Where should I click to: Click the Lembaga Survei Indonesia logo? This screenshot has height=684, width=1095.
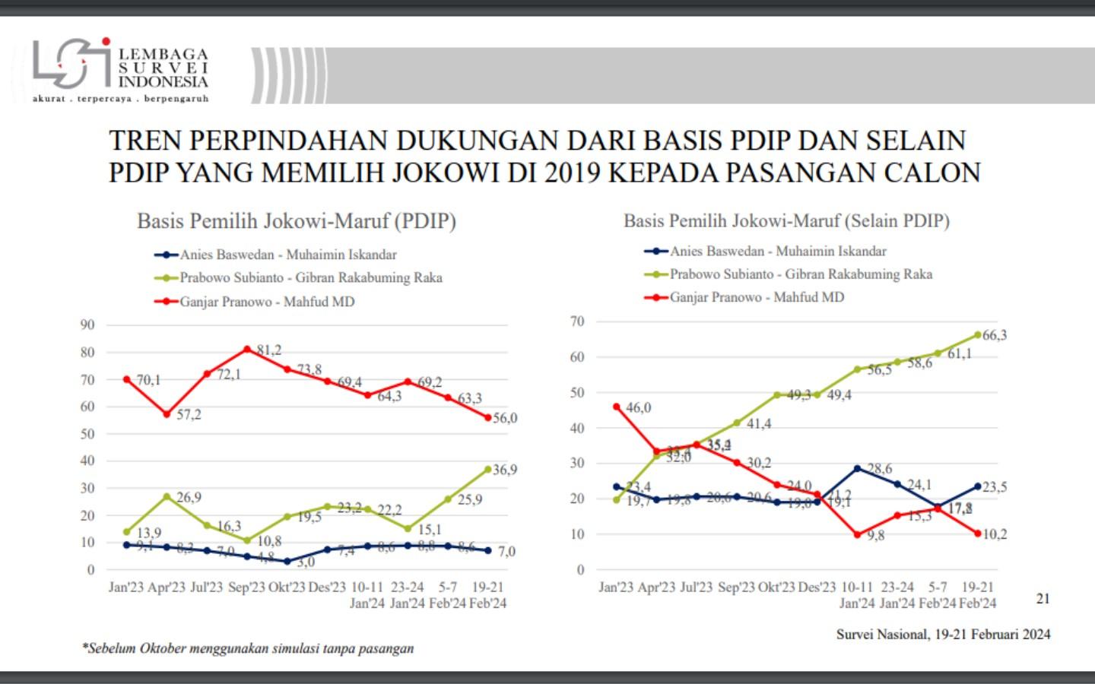pyautogui.click(x=120, y=70)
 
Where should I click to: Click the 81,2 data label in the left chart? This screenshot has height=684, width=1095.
pyautogui.click(x=268, y=350)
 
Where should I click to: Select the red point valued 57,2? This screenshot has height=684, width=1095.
pyautogui.click(x=167, y=414)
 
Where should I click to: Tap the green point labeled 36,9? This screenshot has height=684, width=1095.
pyautogui.click(x=488, y=470)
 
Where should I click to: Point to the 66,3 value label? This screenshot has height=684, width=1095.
pyautogui.click(x=995, y=335)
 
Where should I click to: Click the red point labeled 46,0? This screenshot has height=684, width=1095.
pyautogui.click(x=617, y=407)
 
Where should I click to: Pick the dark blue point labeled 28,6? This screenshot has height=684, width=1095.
pyautogui.click(x=858, y=468)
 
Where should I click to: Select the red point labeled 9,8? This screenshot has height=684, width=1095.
pyautogui.click(x=858, y=534)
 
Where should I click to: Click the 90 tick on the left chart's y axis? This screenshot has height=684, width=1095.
pyautogui.click(x=87, y=325)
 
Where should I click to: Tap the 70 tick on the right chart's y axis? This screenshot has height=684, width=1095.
pyautogui.click(x=577, y=321)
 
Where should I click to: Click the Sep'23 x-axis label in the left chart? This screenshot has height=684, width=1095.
pyautogui.click(x=246, y=587)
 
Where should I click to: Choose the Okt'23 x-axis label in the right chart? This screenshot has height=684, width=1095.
pyautogui.click(x=776, y=587)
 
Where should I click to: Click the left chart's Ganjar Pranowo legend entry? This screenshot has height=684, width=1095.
pyautogui.click(x=267, y=302)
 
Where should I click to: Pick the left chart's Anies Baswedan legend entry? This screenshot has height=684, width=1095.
pyautogui.click(x=288, y=255)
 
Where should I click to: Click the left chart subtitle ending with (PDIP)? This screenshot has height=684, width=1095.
pyautogui.click(x=297, y=221)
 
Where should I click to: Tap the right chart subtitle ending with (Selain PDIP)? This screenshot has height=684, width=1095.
pyautogui.click(x=786, y=221)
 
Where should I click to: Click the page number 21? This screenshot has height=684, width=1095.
pyautogui.click(x=1043, y=599)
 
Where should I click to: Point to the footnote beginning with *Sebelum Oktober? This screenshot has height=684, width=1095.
pyautogui.click(x=249, y=648)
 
